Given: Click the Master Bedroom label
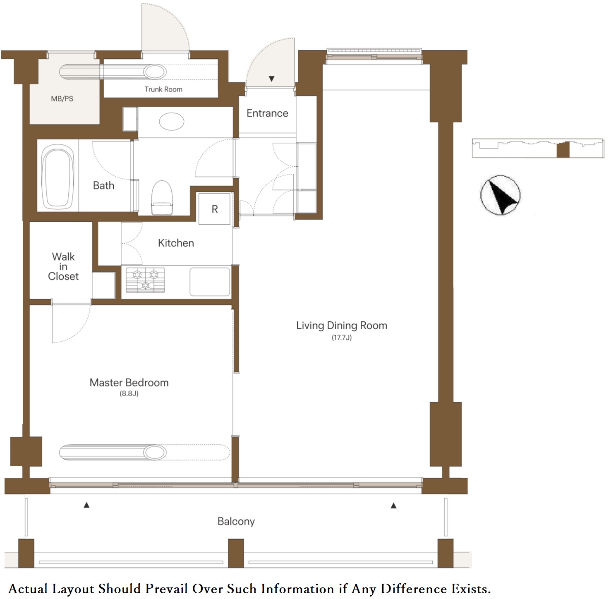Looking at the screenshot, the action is click(129, 383).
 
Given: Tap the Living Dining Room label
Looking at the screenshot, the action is click(342, 326).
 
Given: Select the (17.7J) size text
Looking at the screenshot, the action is click(342, 338).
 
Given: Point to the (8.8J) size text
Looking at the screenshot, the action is click(129, 393).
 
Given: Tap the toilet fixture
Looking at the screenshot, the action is click(162, 198).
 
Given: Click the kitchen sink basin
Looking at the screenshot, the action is click(210, 282).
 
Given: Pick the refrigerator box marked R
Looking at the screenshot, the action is click(214, 209).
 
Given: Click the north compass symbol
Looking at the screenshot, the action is click(501, 195).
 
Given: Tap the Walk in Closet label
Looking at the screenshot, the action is click(63, 266).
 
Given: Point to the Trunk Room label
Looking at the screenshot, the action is click(163, 89).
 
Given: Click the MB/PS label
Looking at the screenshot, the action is click(62, 99).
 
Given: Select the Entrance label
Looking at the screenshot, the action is click(267, 113).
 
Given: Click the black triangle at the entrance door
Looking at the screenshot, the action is click(272, 79).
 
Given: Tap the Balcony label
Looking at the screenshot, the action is click(236, 521).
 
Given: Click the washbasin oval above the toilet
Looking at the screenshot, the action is click(172, 122).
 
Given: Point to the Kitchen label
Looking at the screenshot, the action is click(176, 243).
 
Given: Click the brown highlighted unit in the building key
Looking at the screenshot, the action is click(563, 149).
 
